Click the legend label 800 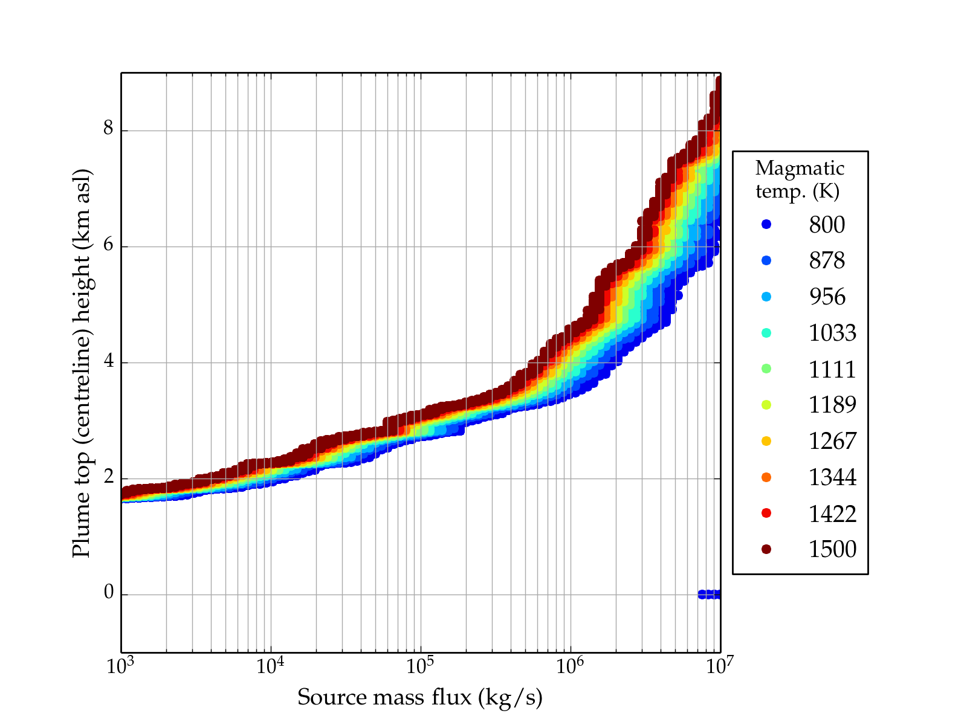pyautogui.click(x=827, y=225)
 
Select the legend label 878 pyautogui.click(x=827, y=260)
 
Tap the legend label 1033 pyautogui.click(x=832, y=333)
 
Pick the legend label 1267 pyautogui.click(x=832, y=441)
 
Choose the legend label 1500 pyautogui.click(x=832, y=549)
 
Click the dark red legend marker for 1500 pyautogui.click(x=766, y=549)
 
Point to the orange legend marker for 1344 pyautogui.click(x=766, y=477)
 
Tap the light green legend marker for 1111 pyautogui.click(x=766, y=369)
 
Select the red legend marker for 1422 pyautogui.click(x=766, y=513)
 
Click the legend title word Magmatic pyautogui.click(x=800, y=168)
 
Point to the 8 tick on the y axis pyautogui.click(x=109, y=130)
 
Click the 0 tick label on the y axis pyautogui.click(x=109, y=593)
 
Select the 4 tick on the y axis pyautogui.click(x=109, y=362)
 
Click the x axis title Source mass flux pyautogui.click(x=420, y=698)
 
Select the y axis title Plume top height pyautogui.click(x=82, y=362)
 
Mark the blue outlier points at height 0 pyautogui.click(x=709, y=594)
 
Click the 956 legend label pyautogui.click(x=827, y=297)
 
